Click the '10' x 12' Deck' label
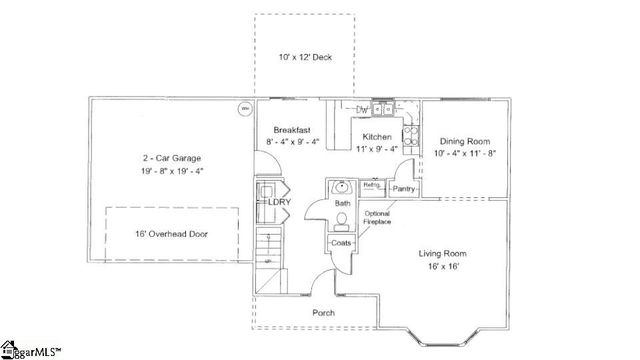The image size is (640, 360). (x=304, y=58)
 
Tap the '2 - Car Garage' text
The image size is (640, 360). (x=171, y=158)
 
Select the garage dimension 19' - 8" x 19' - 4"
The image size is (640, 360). (x=171, y=171)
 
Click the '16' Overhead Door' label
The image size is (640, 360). (x=171, y=234)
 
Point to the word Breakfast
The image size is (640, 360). (x=293, y=130)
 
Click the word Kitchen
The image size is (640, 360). (x=377, y=136)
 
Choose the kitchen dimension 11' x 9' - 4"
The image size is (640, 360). (x=377, y=149)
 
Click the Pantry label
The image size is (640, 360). (x=404, y=189)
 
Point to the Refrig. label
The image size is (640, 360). (x=371, y=186)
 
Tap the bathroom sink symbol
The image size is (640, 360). (x=340, y=187)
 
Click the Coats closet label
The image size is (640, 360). (x=340, y=243)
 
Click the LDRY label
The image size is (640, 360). (x=279, y=202)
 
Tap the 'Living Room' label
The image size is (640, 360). (x=443, y=254)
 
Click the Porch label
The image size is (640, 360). (x=323, y=313)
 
